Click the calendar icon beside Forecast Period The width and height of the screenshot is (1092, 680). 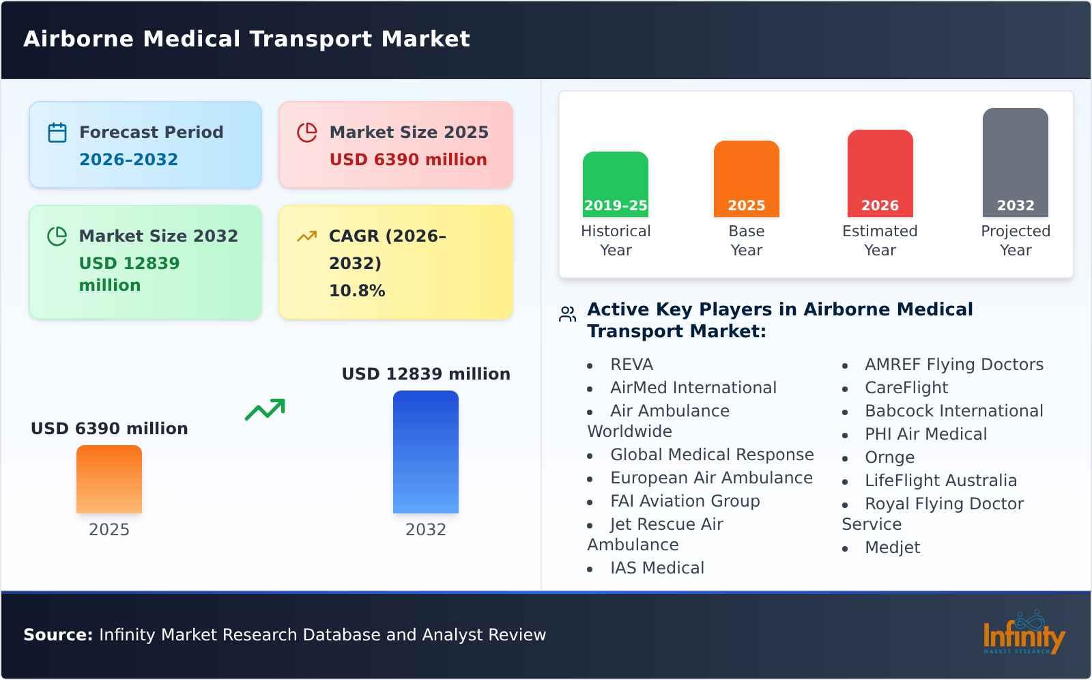pos(57,132)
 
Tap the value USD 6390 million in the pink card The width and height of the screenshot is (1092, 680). pos(408,160)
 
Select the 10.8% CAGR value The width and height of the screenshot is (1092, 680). pos(357,291)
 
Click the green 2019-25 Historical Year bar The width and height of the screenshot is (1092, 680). pos(615,184)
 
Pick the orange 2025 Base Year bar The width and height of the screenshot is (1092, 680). pos(746,179)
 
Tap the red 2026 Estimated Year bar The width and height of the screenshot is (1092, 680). pos(880,173)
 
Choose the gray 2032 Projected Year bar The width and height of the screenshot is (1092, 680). pos(1015,162)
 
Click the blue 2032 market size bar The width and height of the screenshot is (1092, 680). pos(425,452)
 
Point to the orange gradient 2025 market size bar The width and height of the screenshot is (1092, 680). pos(109,479)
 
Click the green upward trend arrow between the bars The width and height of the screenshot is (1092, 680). pos(265,410)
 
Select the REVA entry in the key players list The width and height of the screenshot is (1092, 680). pos(631,365)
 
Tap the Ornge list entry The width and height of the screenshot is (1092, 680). pos(889,457)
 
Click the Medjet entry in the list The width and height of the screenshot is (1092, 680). pos(892,548)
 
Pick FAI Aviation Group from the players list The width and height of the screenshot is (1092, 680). pos(685,501)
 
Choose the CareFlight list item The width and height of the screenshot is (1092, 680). pos(906,388)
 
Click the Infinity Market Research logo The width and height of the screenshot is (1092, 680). pos(1023,634)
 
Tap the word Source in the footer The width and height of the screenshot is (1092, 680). pos(57,635)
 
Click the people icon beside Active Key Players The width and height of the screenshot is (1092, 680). pos(567,314)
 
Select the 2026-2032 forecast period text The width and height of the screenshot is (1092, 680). pos(128,160)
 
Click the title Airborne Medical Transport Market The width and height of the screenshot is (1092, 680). pos(246,39)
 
